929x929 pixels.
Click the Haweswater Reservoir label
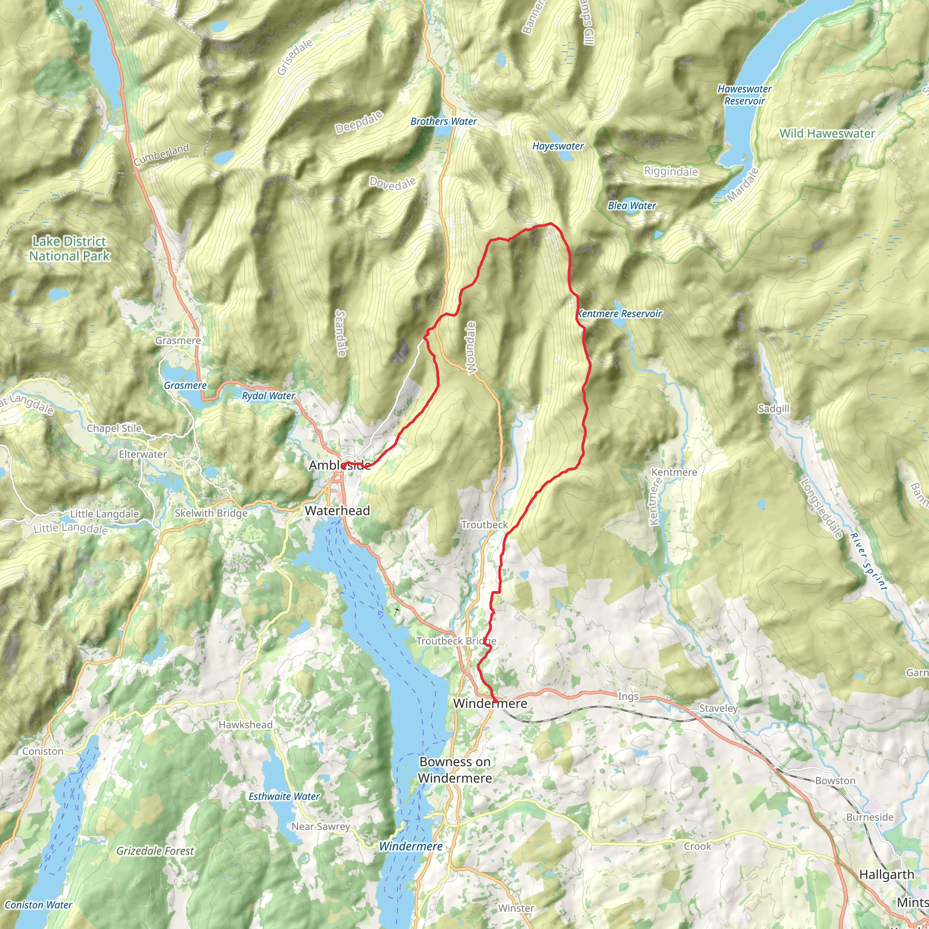tap(744, 95)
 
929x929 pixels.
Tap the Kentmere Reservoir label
tap(619, 314)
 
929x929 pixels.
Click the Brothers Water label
tap(443, 122)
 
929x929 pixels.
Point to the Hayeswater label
tap(558, 146)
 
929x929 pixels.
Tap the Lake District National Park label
tap(70, 249)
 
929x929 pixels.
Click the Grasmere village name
tap(178, 341)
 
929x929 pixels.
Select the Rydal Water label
tap(269, 396)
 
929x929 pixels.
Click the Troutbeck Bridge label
tap(456, 641)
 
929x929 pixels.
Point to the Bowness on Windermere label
tap(455, 770)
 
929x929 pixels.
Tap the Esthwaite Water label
tap(284, 796)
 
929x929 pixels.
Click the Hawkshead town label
tap(245, 724)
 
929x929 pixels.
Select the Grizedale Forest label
tap(155, 851)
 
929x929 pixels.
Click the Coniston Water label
tap(39, 905)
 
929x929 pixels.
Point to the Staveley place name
tap(718, 708)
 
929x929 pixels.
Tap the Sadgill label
tap(773, 409)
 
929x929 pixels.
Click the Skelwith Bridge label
tap(210, 513)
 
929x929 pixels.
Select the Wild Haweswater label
tap(827, 134)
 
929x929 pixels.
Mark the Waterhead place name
tap(337, 511)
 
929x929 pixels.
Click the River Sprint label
tap(867, 561)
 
